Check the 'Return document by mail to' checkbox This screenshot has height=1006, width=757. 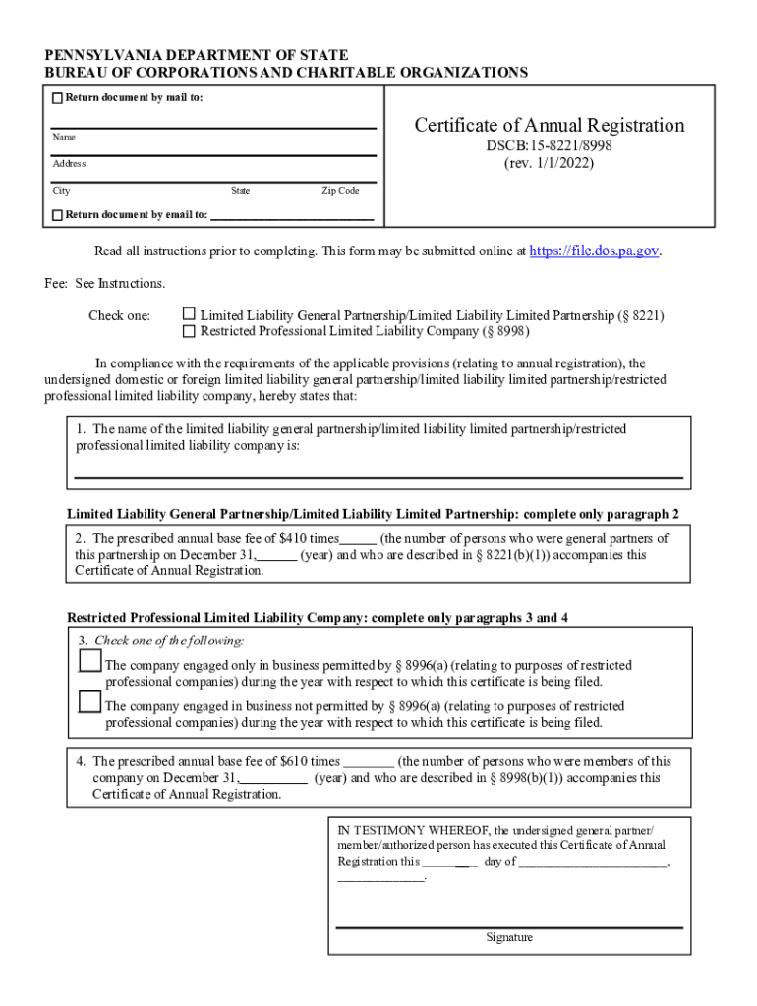pyautogui.click(x=57, y=98)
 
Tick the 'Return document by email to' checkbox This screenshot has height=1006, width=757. pyautogui.click(x=57, y=215)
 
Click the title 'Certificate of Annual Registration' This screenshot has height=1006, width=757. pyautogui.click(x=549, y=125)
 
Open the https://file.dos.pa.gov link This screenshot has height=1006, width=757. pyautogui.click(x=594, y=251)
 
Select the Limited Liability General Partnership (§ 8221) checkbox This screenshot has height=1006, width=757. pyautogui.click(x=190, y=315)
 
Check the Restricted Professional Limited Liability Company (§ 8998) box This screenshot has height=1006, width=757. pyautogui.click(x=190, y=331)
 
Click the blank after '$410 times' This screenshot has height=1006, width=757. pyautogui.click(x=358, y=540)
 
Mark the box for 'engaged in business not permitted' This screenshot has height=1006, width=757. pyautogui.click(x=89, y=701)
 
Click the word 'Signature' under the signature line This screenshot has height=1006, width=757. pyautogui.click(x=509, y=937)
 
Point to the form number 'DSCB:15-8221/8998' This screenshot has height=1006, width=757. pyautogui.click(x=549, y=146)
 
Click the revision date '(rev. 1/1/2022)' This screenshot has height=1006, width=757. pyautogui.click(x=549, y=163)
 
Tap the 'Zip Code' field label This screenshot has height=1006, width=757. pyautogui.click(x=340, y=191)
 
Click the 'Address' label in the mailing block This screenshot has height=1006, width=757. pyautogui.click(x=69, y=164)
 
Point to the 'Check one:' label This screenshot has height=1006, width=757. pyautogui.click(x=119, y=316)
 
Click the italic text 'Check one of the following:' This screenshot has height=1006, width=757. pyautogui.click(x=169, y=641)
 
